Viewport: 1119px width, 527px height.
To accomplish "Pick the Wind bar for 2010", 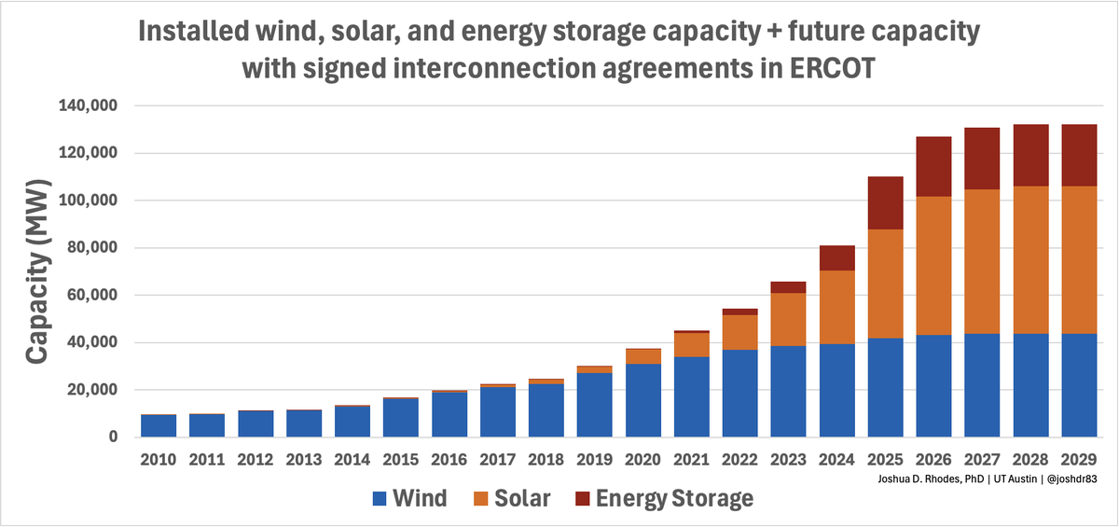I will point(158,425).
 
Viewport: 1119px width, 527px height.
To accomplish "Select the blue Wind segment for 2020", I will point(642,400).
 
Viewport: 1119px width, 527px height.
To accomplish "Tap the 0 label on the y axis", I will point(112,437).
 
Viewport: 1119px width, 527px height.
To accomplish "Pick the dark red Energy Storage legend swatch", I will point(583,499).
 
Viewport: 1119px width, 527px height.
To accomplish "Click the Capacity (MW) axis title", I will point(38,272).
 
